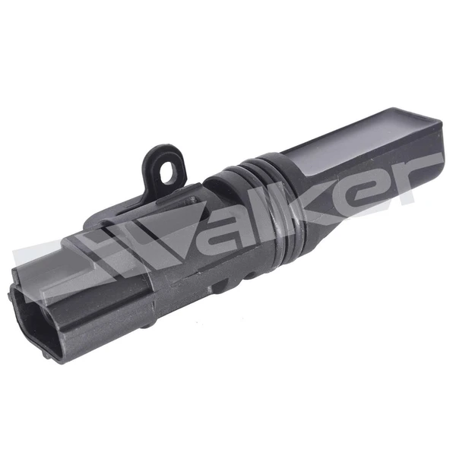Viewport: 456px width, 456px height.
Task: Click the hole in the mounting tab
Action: [x=167, y=173]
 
